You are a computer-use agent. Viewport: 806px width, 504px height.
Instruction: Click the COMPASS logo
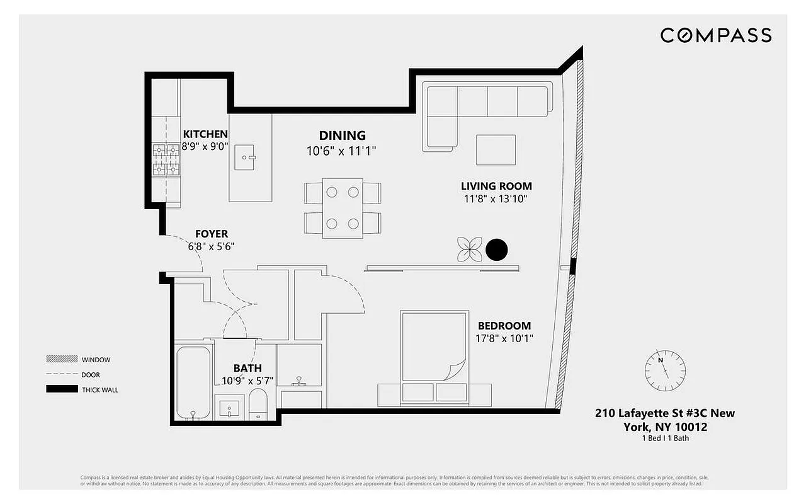pyautogui.click(x=716, y=35)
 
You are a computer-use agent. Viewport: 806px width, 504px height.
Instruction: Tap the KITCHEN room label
pyautogui.click(x=205, y=134)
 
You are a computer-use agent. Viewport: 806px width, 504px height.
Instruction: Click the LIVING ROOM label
pyautogui.click(x=496, y=186)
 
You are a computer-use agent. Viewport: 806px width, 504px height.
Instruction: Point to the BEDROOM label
pyautogui.click(x=504, y=326)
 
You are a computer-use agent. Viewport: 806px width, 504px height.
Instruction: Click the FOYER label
pyautogui.click(x=211, y=234)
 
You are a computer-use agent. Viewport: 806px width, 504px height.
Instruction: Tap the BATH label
pyautogui.click(x=247, y=369)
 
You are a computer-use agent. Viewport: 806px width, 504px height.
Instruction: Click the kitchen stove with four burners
pyautogui.click(x=166, y=160)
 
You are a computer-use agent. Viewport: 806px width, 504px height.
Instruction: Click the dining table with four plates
pyautogui.click(x=342, y=208)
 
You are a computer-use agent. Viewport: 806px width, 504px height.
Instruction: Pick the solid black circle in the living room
pyautogui.click(x=496, y=250)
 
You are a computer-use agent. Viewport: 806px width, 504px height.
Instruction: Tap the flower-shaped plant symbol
pyautogui.click(x=469, y=249)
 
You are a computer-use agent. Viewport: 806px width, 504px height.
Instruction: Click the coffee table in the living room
pyautogui.click(x=496, y=150)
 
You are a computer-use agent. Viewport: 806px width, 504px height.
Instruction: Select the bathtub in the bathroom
pyautogui.click(x=193, y=382)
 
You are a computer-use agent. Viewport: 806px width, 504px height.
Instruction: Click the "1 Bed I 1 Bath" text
pyautogui.click(x=664, y=438)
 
